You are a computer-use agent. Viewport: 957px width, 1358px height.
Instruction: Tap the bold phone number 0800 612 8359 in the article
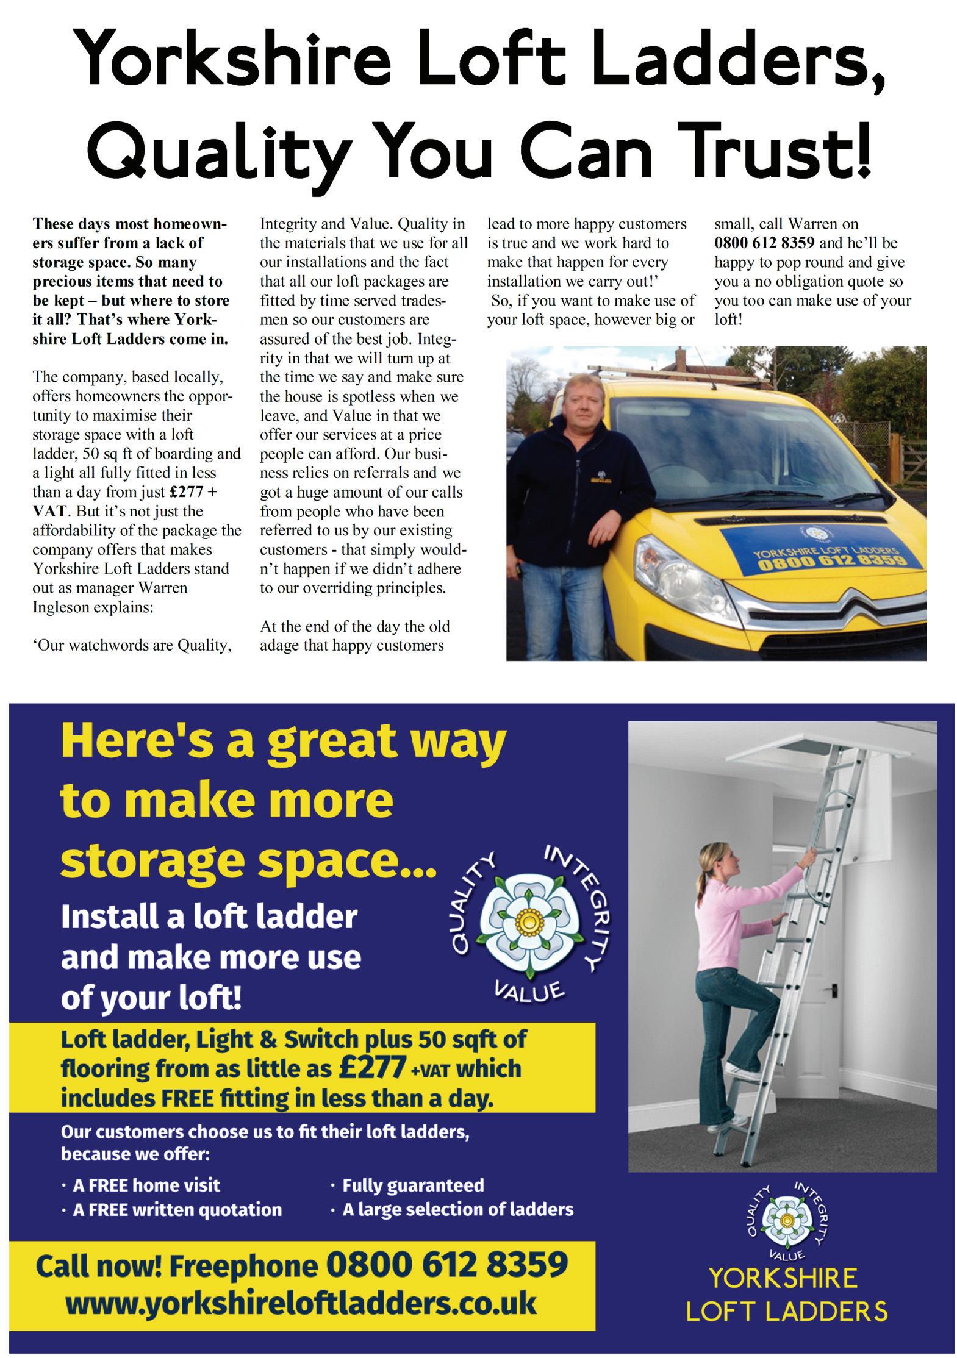tap(764, 243)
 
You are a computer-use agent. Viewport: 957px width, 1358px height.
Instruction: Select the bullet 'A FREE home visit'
tap(146, 1185)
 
